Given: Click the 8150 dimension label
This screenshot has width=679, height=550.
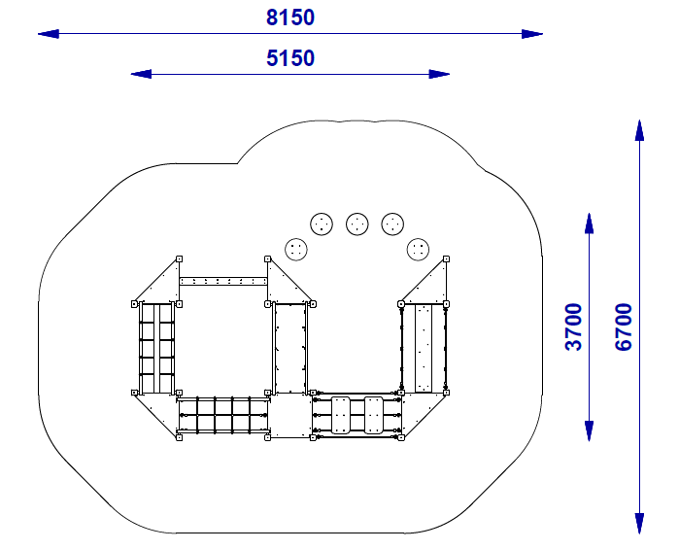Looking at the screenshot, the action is coord(290,17).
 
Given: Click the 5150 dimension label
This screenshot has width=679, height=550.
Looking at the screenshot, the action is coord(290,58).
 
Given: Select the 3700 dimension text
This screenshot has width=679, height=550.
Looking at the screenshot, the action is coord(574,327).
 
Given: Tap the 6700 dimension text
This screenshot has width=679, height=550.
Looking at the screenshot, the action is coord(624,327).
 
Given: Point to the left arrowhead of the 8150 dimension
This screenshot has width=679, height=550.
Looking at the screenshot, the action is coord(49,34).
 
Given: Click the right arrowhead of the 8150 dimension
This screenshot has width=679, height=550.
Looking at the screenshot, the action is coord(532,34).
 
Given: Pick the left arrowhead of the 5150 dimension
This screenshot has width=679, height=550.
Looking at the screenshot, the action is coord(141,74).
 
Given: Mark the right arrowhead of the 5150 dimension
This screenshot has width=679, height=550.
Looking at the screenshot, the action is coord(439,74).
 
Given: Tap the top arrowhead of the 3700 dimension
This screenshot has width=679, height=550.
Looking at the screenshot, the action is coord(589,223).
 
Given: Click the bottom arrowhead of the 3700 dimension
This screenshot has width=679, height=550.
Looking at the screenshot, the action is coord(589,430).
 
